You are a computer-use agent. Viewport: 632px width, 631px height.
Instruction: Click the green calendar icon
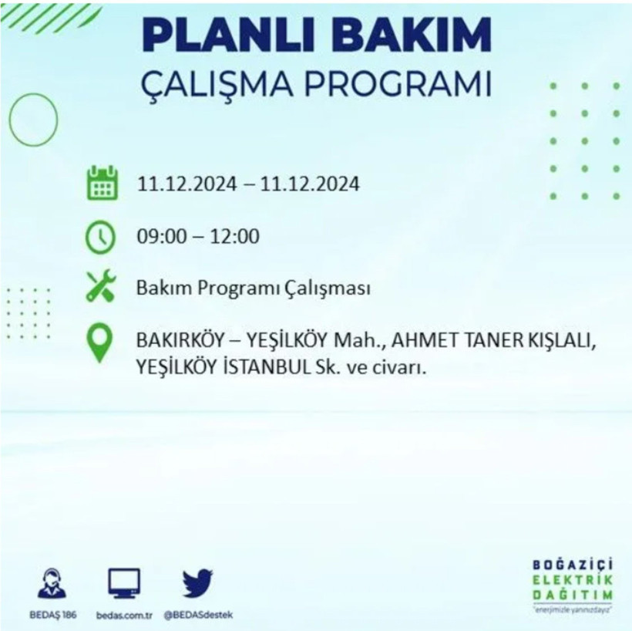(x=102, y=184)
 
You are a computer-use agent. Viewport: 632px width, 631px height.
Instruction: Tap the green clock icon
(x=102, y=237)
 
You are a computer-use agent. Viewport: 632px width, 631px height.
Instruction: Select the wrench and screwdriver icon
(x=102, y=286)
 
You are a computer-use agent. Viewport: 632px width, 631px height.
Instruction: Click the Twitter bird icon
(x=198, y=584)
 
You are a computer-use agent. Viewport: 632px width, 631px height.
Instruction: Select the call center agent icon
(x=52, y=584)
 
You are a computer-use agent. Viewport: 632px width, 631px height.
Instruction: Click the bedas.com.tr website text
(x=125, y=615)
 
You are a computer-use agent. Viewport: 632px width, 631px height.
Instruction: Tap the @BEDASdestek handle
(x=198, y=615)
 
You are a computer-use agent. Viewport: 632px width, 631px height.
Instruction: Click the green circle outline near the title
(x=33, y=120)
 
